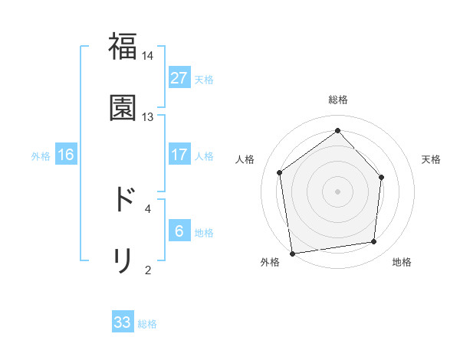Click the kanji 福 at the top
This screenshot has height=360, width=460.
(123, 47)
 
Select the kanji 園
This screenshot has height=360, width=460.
(123, 107)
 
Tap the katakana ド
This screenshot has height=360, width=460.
(123, 199)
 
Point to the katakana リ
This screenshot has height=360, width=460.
(123, 260)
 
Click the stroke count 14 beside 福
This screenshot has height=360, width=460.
(148, 56)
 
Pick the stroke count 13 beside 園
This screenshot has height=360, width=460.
(148, 116)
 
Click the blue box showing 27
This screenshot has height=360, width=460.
(179, 78)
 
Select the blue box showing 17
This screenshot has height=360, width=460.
(179, 155)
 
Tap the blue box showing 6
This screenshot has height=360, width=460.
(179, 231)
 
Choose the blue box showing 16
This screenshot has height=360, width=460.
(66, 155)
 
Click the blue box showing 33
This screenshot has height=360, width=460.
(123, 322)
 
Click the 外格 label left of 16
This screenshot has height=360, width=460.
(41, 156)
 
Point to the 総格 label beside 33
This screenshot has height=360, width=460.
(147, 324)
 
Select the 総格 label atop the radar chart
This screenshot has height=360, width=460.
(338, 100)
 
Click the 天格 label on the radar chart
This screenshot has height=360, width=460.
(432, 159)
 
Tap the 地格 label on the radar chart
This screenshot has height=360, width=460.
(402, 262)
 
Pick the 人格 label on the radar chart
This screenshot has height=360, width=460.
(245, 159)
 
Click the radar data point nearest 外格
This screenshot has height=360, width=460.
(292, 253)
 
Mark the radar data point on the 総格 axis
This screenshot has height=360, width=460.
(337, 130)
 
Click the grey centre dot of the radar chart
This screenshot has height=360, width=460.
(337, 191)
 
